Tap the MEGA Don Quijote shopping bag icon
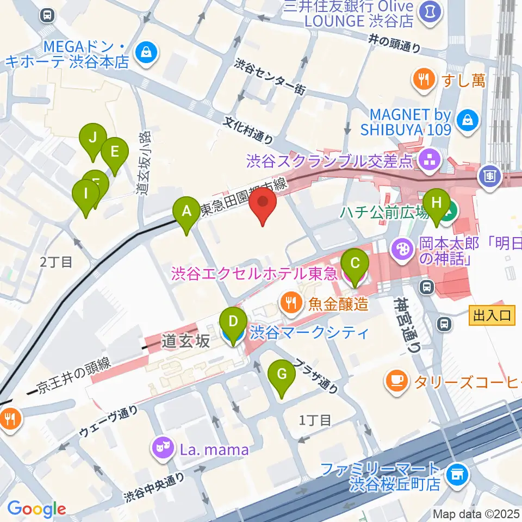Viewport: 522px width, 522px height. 146,53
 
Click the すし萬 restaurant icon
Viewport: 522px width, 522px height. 422,81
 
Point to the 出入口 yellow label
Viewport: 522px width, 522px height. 492,315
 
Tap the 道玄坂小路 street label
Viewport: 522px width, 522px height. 144,163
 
